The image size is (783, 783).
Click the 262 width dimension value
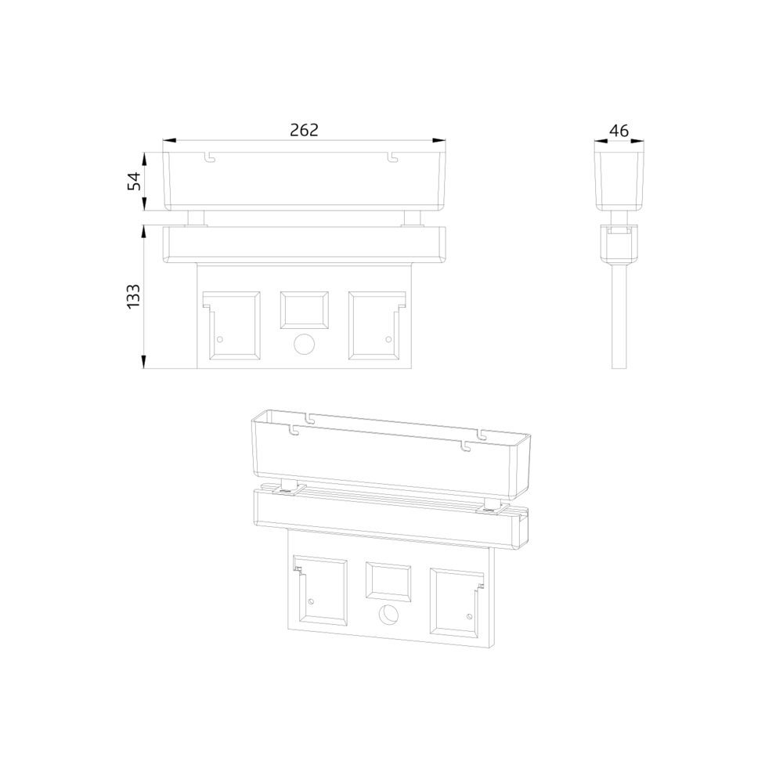[x=304, y=130]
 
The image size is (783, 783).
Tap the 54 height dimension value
[x=135, y=182]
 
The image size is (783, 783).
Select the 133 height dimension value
[x=133, y=296]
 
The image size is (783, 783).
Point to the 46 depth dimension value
[x=619, y=131]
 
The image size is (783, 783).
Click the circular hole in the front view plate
[x=304, y=344]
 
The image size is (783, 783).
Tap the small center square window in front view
[x=304, y=310]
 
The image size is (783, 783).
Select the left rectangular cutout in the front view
[x=231, y=326]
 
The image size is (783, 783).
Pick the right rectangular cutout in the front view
[x=377, y=326]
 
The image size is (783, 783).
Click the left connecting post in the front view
[x=196, y=218]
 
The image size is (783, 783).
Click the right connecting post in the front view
[x=413, y=218]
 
